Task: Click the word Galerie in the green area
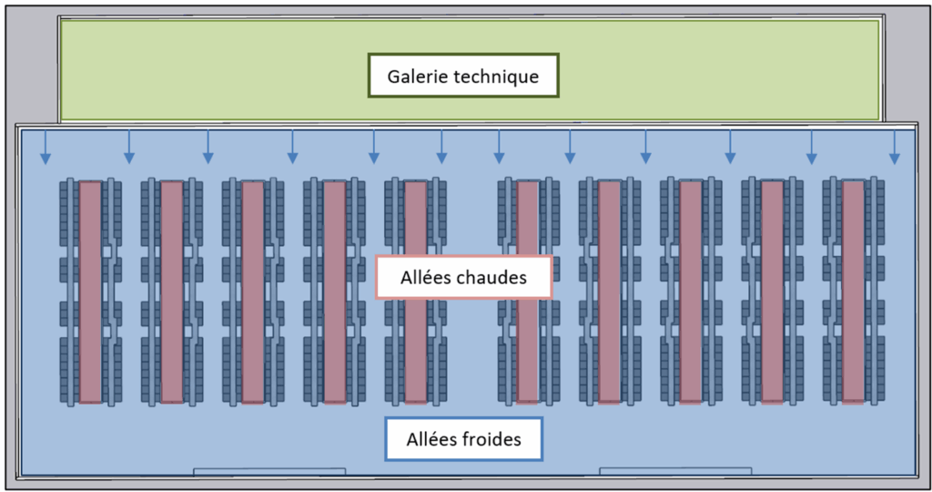coord(416,77)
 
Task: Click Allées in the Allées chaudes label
coord(426,278)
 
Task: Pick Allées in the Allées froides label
coord(425,439)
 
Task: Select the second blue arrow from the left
coord(128,148)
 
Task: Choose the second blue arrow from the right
coord(812,148)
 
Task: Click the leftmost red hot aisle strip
coord(90,292)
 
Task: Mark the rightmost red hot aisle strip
coord(853,292)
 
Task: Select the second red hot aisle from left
coord(171,292)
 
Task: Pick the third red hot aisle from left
coord(252,292)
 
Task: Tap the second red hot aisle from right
coord(772,292)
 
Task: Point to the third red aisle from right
coord(691,292)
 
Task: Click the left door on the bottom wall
coord(269,471)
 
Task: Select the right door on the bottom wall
coord(675,471)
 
